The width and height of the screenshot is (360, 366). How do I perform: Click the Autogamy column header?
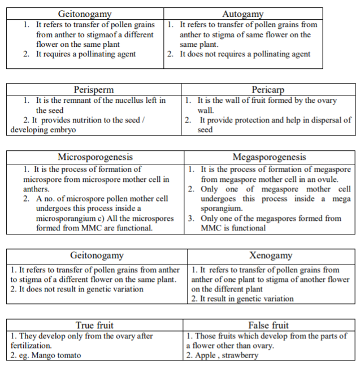(243, 14)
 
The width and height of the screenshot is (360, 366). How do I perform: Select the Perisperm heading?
(93, 89)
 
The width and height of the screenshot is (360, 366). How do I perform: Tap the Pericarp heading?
(268, 89)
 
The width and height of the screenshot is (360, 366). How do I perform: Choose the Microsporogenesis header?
(96, 157)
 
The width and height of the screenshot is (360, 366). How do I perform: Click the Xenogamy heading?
(270, 255)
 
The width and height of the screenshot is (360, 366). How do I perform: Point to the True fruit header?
(94, 325)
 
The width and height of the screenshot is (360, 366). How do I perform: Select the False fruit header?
(268, 325)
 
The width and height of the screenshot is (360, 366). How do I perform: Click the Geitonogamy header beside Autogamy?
(85, 14)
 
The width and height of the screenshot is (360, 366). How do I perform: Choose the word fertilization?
(31, 345)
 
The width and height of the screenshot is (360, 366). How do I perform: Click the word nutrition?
(79, 120)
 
